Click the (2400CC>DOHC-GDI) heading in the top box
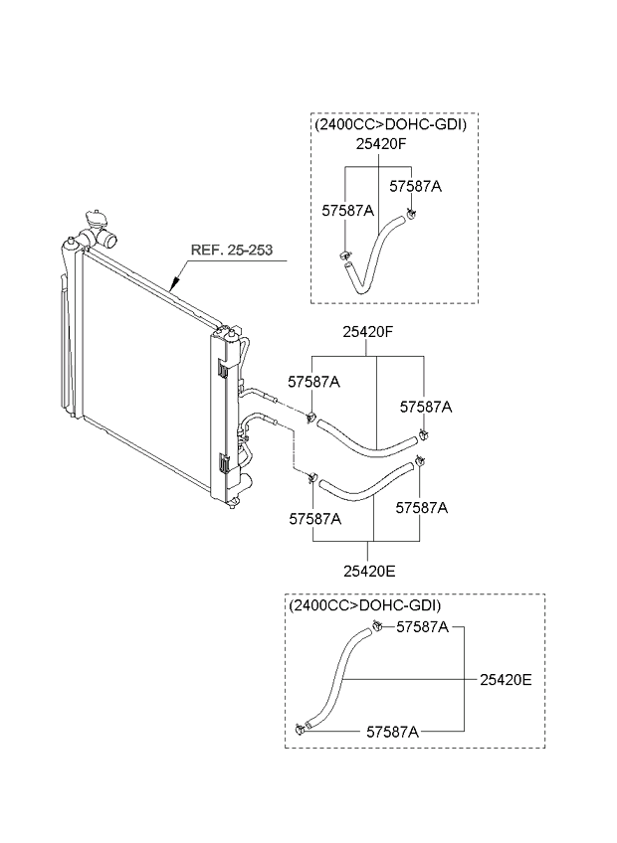[x=389, y=125]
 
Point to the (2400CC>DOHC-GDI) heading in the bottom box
[x=363, y=605]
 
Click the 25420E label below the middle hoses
[x=369, y=572]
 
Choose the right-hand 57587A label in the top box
[x=415, y=185]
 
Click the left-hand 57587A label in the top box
[x=347, y=210]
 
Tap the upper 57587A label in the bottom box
[x=422, y=627]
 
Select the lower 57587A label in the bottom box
[x=392, y=731]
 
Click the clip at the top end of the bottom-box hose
[x=379, y=624]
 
